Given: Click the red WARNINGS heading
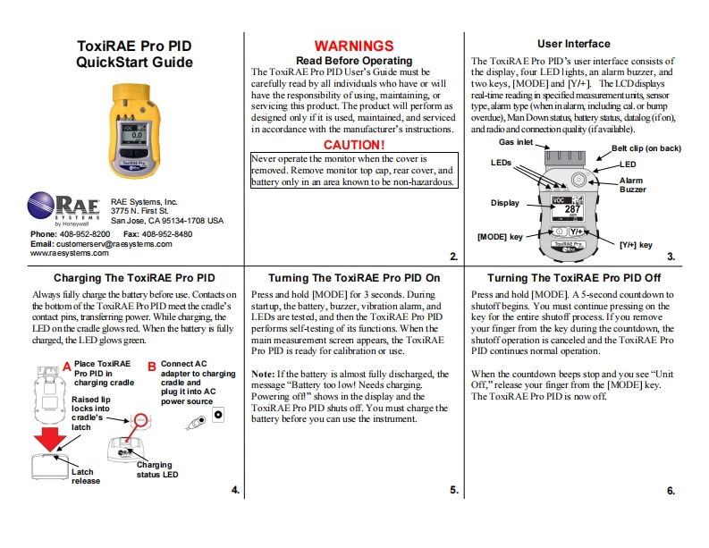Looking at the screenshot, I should tap(353, 46).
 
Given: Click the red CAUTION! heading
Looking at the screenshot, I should tap(353, 144).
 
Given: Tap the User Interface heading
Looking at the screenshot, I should tap(574, 43).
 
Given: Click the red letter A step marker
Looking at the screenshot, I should tap(65, 367).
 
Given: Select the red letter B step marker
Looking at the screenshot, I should tap(151, 366).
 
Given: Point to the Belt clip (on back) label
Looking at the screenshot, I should tap(646, 148).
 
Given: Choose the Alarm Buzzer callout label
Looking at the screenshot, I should tap(631, 185).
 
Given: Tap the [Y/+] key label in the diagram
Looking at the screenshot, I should tap(635, 244).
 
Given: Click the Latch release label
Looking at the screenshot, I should tap(85, 476).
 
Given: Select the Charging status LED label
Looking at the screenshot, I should tap(157, 469).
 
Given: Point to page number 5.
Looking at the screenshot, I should tap(454, 490).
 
